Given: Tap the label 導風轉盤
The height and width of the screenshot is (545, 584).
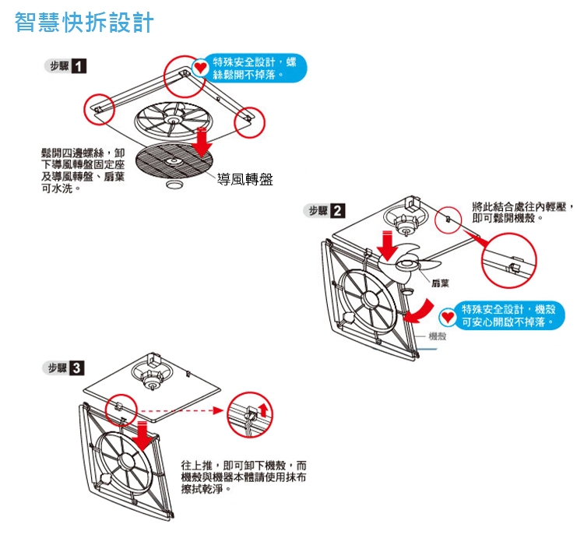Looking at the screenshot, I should pos(245,180).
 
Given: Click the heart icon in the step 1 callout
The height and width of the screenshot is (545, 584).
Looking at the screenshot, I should pos(199,69).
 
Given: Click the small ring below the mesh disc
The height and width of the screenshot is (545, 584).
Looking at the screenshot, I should pos(174,184).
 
